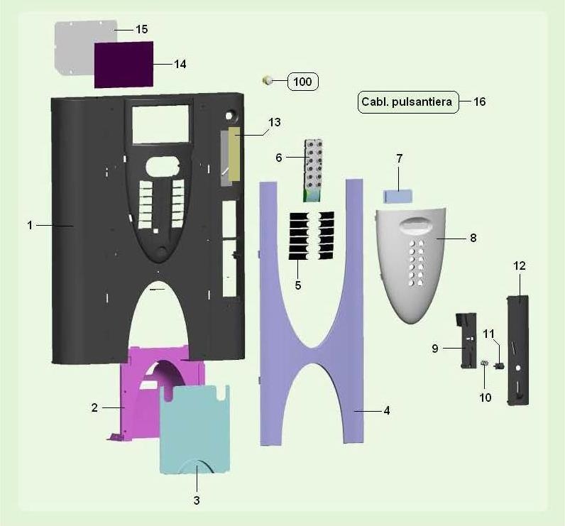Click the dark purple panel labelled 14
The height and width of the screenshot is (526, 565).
point(124,65)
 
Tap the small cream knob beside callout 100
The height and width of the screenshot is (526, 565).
point(267,81)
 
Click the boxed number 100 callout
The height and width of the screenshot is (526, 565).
point(302,82)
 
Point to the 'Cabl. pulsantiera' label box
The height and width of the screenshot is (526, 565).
point(408,102)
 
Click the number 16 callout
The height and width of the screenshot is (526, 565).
point(480,102)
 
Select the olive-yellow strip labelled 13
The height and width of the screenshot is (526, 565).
point(234,153)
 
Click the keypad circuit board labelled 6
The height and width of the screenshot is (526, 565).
point(313,170)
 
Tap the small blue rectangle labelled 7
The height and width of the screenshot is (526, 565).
point(397,197)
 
